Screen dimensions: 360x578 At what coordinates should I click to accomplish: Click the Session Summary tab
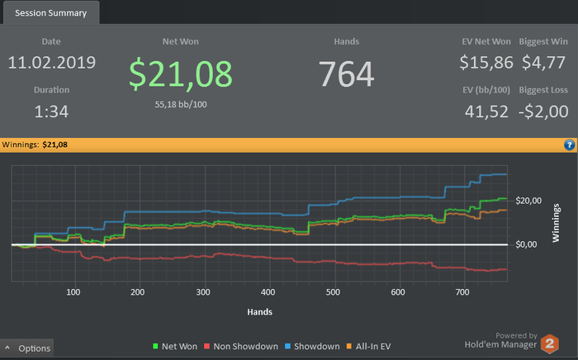point(51,12)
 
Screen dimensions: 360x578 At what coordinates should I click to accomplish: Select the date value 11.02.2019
point(52,62)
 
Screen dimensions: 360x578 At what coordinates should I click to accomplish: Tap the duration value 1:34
point(52,111)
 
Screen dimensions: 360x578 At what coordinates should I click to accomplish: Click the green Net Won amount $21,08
point(181,73)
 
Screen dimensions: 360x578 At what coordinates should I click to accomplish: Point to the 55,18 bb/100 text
point(181,105)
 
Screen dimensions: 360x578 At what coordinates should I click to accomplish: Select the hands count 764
point(347,73)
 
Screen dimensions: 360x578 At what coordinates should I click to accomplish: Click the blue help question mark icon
point(569,144)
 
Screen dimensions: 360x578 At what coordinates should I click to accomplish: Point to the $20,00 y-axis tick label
point(528,201)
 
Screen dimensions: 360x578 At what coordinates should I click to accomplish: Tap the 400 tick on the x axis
point(267,291)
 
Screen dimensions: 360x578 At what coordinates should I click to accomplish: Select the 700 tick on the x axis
point(462,291)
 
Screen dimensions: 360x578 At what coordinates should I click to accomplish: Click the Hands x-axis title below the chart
point(259,312)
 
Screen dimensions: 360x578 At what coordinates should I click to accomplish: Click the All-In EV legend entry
point(376,347)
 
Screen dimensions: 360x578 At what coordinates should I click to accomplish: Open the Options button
point(28,348)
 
